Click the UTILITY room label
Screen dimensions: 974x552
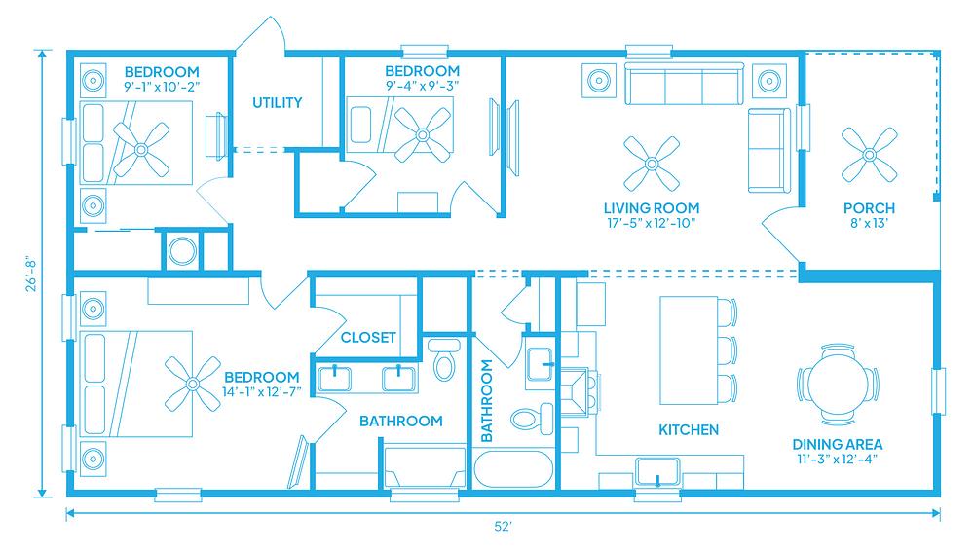277,102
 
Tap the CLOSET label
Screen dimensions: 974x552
368,337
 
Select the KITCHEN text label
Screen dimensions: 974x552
689,429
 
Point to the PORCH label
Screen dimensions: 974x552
869,208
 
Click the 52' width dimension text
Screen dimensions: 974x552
503,527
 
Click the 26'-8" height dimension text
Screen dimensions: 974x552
31,275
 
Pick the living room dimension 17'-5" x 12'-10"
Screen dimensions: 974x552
651,224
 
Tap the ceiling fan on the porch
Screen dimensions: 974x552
869,155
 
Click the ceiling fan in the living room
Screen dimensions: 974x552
652,164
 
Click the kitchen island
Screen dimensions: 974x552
689,350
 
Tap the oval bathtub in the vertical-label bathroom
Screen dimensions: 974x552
513,469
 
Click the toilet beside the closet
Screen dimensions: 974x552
443,359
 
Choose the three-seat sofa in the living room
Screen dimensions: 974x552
684,83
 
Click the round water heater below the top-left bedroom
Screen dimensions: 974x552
182,251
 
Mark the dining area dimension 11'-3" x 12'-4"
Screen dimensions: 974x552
838,460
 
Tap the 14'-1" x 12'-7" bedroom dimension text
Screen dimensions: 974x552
261,392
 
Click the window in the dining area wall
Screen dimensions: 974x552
939,390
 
